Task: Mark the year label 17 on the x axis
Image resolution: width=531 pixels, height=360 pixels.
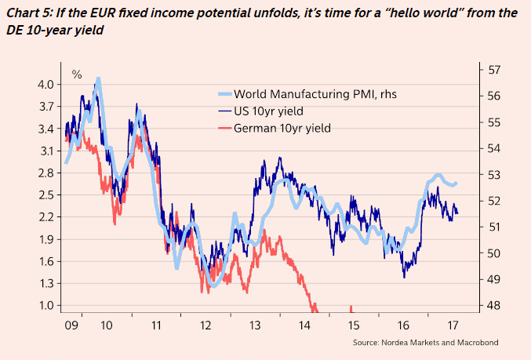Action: click(x=453, y=325)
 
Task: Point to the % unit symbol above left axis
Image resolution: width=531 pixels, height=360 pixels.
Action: click(x=77, y=75)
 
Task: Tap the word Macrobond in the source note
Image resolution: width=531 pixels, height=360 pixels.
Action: click(x=475, y=343)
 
